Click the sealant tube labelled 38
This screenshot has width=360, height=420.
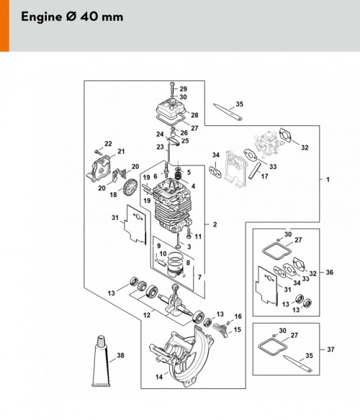coord(101,362)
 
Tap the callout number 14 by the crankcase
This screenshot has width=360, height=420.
coord(159,377)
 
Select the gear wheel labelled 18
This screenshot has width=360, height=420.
coord(130,187)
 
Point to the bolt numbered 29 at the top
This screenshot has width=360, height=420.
coord(172,88)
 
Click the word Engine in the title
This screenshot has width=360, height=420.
coord(42,17)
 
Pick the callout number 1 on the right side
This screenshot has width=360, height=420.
coord(328,179)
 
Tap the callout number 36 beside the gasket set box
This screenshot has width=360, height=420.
coord(330,272)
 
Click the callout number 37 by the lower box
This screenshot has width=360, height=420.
coord(330,350)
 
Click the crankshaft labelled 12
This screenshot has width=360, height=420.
coord(176,301)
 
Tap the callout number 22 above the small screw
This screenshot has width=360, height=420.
coord(108,144)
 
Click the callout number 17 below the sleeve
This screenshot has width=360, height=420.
coord(264,176)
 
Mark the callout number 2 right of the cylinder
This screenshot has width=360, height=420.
coord(215,224)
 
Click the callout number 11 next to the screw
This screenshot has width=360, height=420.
coord(198,236)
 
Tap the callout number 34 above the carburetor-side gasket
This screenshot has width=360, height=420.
coord(216,155)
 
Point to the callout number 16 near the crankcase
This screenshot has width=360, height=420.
coord(238,316)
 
